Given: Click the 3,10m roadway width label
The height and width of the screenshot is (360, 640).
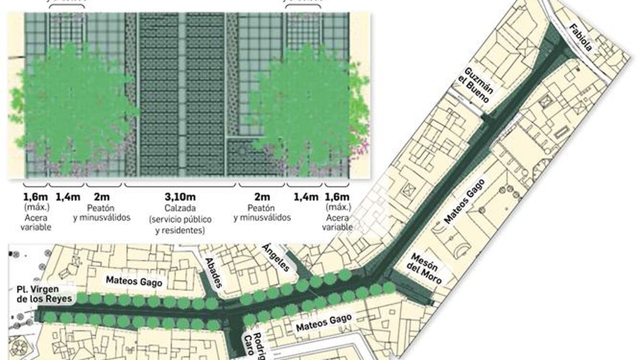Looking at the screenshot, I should click(180, 197).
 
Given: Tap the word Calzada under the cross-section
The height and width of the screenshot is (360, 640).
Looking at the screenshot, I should click(180, 208).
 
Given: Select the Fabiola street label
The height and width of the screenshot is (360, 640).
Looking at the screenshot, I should click(580, 38).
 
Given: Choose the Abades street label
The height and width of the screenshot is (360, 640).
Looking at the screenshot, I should click(213, 272).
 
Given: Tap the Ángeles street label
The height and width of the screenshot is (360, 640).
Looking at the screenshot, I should click(276, 257).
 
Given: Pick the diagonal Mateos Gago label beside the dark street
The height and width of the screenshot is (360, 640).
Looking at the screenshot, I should click(464, 201).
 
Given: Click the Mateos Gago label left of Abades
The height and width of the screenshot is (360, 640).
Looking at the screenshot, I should click(134, 281).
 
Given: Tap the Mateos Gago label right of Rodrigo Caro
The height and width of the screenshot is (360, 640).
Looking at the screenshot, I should click(324, 322).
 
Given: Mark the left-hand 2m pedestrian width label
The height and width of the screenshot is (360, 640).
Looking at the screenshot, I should click(102, 197).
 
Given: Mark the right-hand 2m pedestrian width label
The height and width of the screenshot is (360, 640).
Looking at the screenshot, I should click(262, 197).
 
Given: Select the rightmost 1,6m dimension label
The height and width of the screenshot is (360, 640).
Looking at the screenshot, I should click(336, 197).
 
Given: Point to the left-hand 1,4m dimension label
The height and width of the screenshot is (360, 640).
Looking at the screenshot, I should click(67, 197).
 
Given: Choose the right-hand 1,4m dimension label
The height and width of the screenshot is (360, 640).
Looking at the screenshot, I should click(306, 197).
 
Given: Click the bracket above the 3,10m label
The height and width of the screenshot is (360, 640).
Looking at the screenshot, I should click(180, 186).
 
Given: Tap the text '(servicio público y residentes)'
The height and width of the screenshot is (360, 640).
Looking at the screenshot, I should click(180, 225).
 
